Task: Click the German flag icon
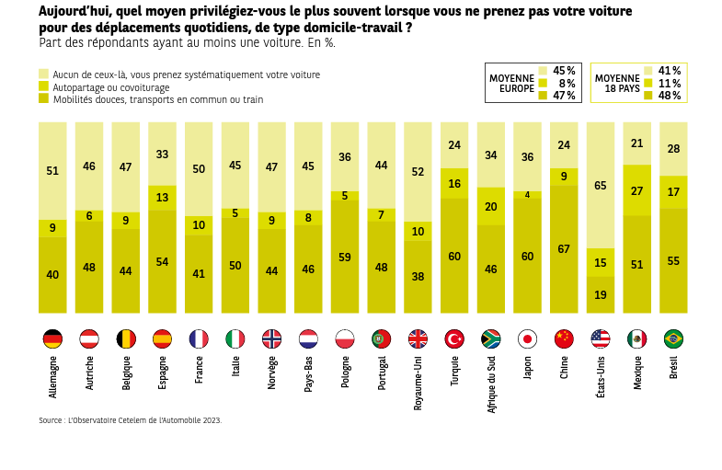(x=52, y=338)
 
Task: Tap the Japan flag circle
(x=527, y=338)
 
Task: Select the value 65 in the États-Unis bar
(x=601, y=186)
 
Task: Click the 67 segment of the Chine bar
(x=564, y=249)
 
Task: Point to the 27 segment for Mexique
(x=637, y=190)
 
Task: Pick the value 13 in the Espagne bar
(x=162, y=198)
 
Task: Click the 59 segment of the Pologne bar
(x=345, y=258)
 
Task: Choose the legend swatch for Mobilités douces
(x=43, y=98)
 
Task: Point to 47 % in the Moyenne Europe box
(x=564, y=95)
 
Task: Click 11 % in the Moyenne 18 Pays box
(x=669, y=83)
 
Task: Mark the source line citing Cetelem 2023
(x=130, y=420)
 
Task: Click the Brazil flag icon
(x=673, y=338)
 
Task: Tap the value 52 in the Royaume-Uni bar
(x=418, y=172)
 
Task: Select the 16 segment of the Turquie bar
(x=454, y=184)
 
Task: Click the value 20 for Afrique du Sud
(x=491, y=207)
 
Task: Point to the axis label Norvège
(x=272, y=373)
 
